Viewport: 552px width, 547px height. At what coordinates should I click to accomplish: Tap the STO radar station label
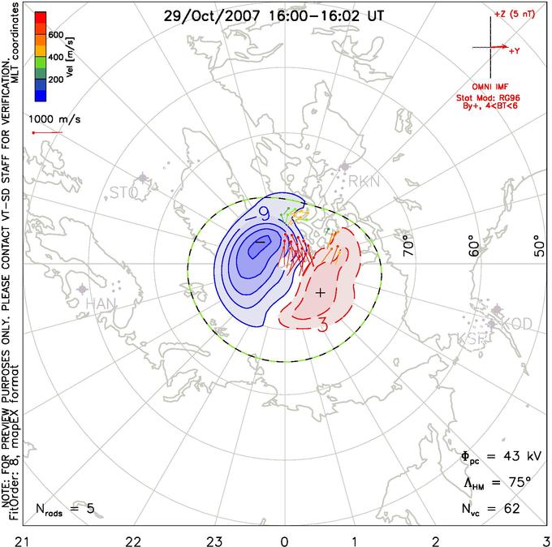(124, 192)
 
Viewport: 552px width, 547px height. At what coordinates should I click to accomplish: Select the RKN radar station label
(364, 183)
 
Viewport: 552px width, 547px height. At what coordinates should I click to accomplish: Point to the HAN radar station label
(101, 304)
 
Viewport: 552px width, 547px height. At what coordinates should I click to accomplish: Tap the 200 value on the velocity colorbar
(56, 80)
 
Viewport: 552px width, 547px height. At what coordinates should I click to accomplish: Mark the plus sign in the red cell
(321, 292)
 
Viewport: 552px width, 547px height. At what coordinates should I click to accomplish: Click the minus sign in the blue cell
(261, 242)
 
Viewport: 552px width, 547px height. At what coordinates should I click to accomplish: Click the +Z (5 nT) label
(509, 15)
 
